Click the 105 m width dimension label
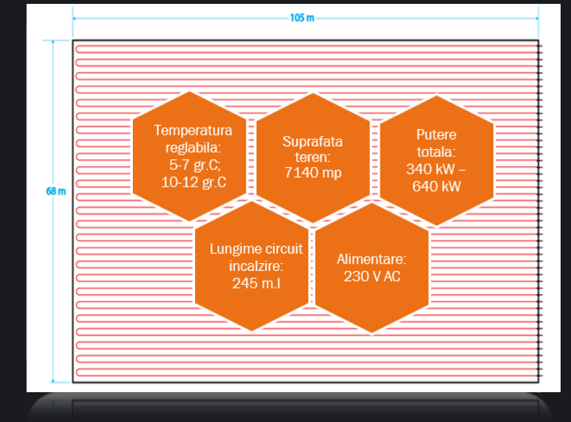pos(302,18)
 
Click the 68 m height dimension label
pos(56,191)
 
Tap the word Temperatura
pos(193,130)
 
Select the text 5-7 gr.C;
pos(195,165)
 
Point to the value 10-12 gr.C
pos(194,182)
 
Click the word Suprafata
pos(312,141)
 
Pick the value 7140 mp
pos(313,172)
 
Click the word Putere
pos(436,135)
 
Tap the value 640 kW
pos(436,187)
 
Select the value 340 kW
pos(430,169)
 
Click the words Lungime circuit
pos(257,249)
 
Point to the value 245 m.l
pos(257,283)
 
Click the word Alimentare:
pos(371,259)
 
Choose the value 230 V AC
pos(372,276)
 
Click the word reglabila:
pos(193,148)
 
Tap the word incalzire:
pos(256,266)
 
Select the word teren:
pos(312,158)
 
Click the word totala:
pos(436,152)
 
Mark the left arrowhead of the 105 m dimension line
pos(75,18)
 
